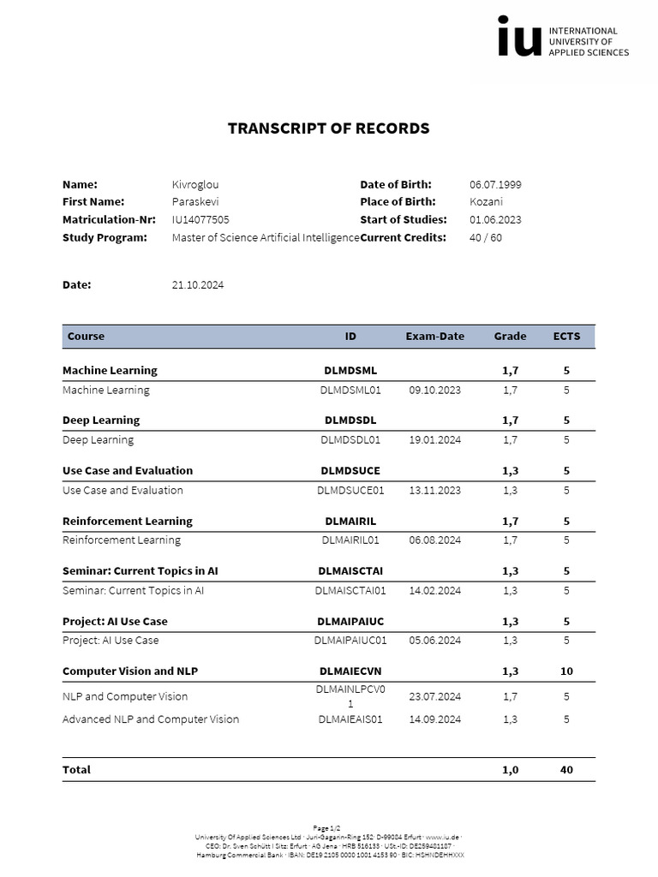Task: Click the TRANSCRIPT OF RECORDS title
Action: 328,128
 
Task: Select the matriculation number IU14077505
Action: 200,219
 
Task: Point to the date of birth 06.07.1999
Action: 495,184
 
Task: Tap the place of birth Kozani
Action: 485,201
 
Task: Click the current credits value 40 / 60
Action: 486,237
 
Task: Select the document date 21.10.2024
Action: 198,285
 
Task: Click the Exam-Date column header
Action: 434,337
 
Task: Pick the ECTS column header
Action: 566,337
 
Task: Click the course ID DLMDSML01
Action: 350,390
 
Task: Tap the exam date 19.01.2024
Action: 434,440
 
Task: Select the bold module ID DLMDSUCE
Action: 350,470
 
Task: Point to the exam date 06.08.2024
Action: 434,540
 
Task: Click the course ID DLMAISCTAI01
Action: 350,590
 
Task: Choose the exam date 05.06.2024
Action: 434,641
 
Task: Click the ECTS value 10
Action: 566,671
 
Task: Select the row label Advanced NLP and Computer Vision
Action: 151,719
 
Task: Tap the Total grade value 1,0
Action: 510,770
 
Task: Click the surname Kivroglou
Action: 195,184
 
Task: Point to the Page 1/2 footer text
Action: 328,828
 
